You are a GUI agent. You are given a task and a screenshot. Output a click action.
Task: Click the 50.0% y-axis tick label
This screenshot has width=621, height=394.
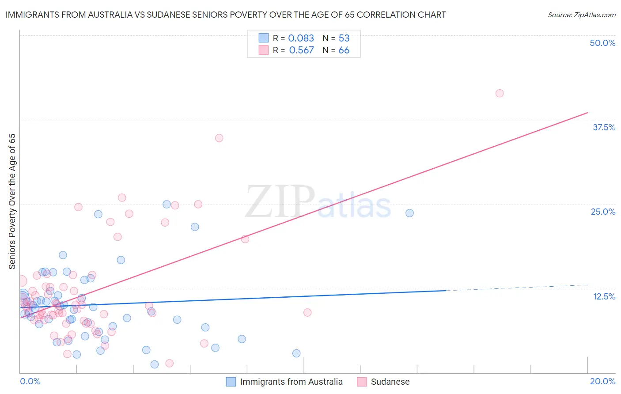(602, 43)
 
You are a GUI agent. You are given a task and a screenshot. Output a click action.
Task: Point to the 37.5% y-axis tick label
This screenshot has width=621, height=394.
(604, 127)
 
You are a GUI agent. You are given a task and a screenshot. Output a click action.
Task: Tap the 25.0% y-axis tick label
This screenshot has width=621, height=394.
(603, 212)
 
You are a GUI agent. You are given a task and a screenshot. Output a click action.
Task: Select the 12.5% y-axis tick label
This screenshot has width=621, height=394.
(604, 296)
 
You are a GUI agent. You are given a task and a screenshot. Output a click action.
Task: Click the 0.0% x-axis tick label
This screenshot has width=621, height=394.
(30, 381)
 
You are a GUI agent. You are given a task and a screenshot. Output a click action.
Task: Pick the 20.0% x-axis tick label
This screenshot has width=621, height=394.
(602, 381)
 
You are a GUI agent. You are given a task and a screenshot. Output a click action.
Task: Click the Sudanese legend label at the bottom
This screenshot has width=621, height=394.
(390, 382)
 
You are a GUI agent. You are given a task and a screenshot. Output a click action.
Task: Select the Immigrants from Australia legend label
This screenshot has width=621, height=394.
(291, 382)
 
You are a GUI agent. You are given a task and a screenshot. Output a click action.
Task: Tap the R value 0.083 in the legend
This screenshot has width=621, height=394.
(301, 38)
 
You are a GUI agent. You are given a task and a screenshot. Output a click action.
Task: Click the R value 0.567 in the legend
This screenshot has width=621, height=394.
(301, 50)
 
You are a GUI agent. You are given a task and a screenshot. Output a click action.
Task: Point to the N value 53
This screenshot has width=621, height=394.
(344, 38)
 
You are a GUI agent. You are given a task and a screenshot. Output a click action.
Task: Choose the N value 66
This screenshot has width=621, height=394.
(344, 50)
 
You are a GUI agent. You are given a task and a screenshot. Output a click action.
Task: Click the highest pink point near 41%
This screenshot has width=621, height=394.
(500, 93)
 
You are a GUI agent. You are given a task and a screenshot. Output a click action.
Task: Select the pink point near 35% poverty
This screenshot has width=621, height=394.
(219, 138)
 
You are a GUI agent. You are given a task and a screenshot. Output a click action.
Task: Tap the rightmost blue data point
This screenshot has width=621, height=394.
(409, 213)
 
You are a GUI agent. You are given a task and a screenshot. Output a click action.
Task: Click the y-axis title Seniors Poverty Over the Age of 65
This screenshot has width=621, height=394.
(12, 201)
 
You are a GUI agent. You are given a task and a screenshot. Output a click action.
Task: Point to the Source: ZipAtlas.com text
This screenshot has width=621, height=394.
(581, 15)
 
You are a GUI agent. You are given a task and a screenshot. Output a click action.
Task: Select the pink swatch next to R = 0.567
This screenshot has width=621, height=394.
(263, 50)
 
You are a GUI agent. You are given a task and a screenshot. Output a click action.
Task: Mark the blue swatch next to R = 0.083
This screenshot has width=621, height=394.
(263, 38)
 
